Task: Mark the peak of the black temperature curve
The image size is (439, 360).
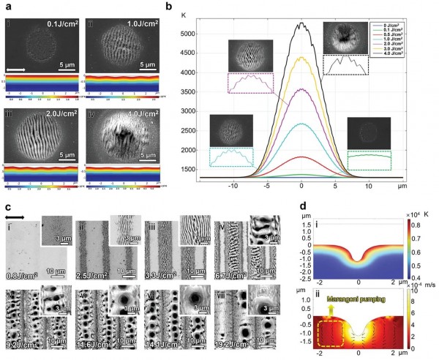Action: (x=300, y=24)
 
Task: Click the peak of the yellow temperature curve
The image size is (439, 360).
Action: (x=300, y=58)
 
